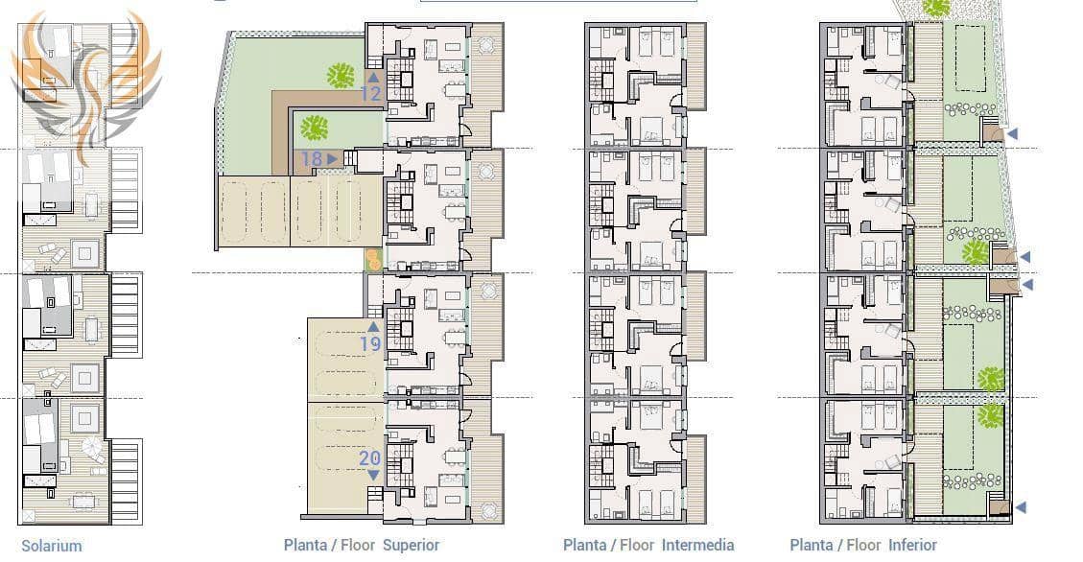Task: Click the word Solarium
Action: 52,546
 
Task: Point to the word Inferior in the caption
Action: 902,546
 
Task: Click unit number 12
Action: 371,94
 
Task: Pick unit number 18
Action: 311,159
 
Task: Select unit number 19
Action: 371,343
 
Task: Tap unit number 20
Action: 370,458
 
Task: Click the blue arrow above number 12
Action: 372,77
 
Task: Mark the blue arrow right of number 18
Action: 332,159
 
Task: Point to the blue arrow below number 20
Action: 372,475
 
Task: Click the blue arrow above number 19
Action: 372,327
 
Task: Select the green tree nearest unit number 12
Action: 339,74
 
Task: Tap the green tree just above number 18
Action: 314,127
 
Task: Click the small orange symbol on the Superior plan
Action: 372,258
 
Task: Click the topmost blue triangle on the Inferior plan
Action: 1012,133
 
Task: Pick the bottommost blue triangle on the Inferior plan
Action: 1021,507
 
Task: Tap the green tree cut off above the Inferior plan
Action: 935,8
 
